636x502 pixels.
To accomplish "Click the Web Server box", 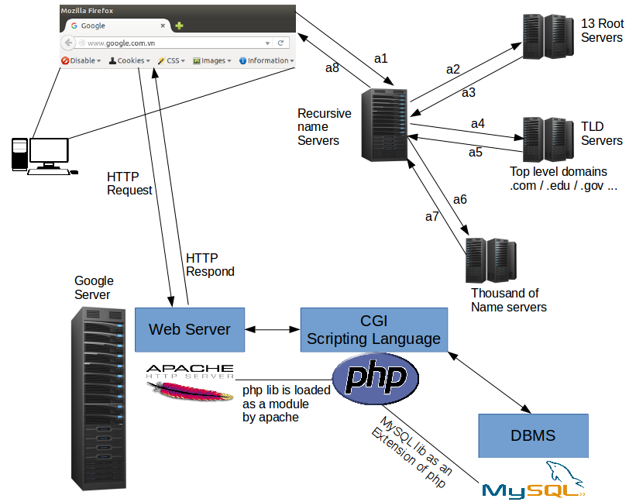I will pyautogui.click(x=189, y=329).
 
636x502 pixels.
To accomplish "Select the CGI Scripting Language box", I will pyautogui.click(x=373, y=329).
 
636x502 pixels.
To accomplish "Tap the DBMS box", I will pyautogui.click(x=533, y=435).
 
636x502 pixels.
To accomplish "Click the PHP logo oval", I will pyautogui.click(x=376, y=378).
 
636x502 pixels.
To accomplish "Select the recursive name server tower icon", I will pyautogui.click(x=385, y=124).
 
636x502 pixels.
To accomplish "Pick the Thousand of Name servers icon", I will pyautogui.click(x=490, y=260).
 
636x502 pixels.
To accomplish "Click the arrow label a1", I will pyautogui.click(x=380, y=58).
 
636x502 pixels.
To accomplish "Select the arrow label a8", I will pyautogui.click(x=332, y=68).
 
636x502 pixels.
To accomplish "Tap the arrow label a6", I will pyautogui.click(x=460, y=200).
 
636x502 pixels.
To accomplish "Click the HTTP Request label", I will pyautogui.click(x=129, y=184).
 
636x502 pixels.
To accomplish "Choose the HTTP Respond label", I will pyautogui.click(x=210, y=265).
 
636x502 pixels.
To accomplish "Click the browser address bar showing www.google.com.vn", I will pyautogui.click(x=170, y=43).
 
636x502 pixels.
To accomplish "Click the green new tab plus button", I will pyautogui.click(x=180, y=26).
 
